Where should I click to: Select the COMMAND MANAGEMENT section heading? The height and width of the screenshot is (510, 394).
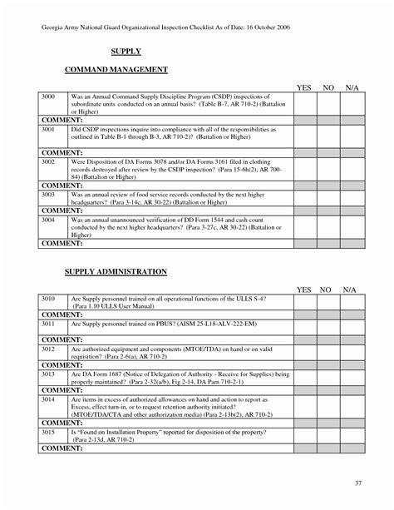coord(112,71)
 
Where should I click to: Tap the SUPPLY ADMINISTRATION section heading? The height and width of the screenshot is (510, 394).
coord(116,272)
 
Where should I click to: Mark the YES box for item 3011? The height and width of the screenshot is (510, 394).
coord(304,324)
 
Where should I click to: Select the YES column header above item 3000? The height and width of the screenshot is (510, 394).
coord(304,87)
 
